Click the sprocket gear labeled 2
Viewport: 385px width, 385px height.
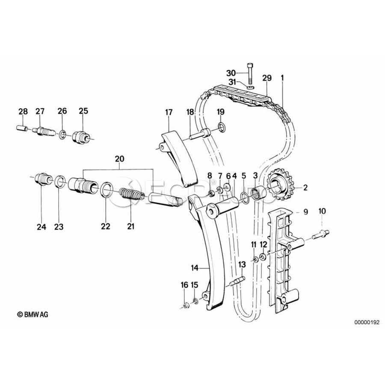click(279, 187)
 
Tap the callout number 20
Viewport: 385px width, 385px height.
click(120, 159)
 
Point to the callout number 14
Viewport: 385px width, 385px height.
click(195, 268)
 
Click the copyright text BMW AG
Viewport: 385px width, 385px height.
click(33, 314)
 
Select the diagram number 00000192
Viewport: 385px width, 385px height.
click(367, 322)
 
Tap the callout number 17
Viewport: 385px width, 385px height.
click(169, 113)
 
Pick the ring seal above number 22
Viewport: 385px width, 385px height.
click(106, 190)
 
